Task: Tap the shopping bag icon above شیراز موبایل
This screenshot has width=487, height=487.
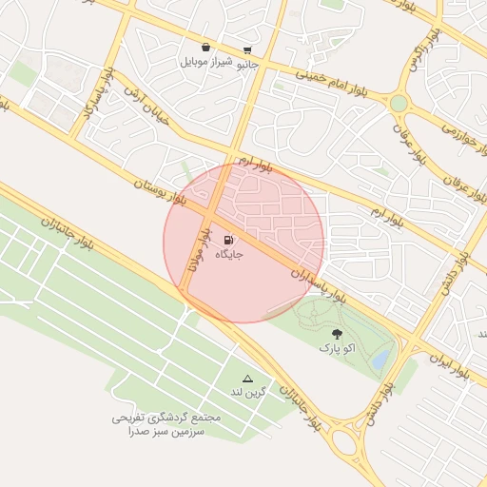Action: (x=205, y=47)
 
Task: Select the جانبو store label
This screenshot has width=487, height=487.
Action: (x=247, y=65)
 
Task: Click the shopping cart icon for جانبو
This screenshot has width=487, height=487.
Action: (x=247, y=50)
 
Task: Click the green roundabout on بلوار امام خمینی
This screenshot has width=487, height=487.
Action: (x=399, y=102)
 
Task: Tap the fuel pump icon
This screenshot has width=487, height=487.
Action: (x=228, y=240)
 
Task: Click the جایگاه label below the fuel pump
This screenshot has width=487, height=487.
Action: (x=229, y=255)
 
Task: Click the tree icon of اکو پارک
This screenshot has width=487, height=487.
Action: (x=338, y=334)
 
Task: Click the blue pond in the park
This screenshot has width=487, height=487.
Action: (x=380, y=359)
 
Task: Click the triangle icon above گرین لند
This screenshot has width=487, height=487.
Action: (x=248, y=378)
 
